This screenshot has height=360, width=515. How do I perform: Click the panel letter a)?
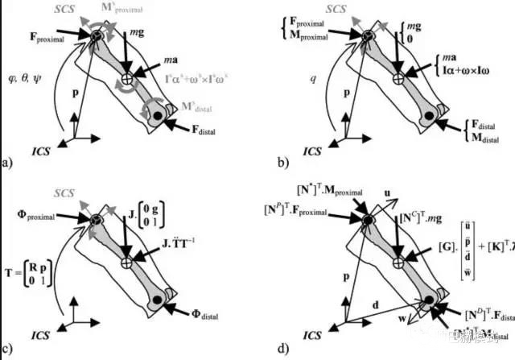pyautogui.click(x=7, y=163)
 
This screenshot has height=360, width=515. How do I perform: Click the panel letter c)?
pyautogui.click(x=7, y=349)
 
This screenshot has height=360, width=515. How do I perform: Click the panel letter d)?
pyautogui.click(x=282, y=349)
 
